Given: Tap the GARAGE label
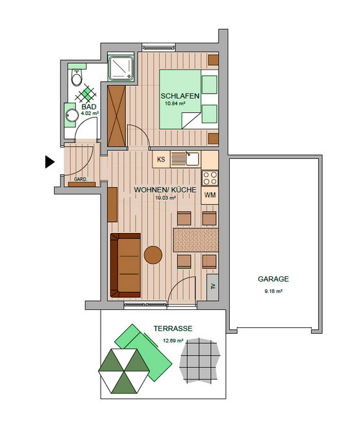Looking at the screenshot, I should click(273, 280).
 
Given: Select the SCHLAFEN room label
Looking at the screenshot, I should click(179, 96).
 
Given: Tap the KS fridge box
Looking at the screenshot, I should click(161, 158).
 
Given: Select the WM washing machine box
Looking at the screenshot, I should click(210, 195).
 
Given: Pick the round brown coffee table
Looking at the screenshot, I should click(153, 255).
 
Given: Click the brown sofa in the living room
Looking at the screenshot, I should click(125, 263).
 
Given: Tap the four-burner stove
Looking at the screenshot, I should click(210, 177).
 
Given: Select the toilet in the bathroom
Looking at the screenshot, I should click(77, 79).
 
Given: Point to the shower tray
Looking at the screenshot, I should click(121, 68).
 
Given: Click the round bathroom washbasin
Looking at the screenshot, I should click(71, 116).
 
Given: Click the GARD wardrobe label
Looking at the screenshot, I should click(80, 179).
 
